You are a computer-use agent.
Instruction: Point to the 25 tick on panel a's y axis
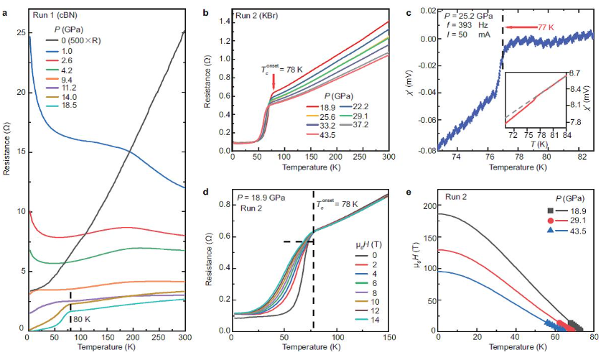20,33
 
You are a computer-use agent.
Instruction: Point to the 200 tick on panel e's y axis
428,207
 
